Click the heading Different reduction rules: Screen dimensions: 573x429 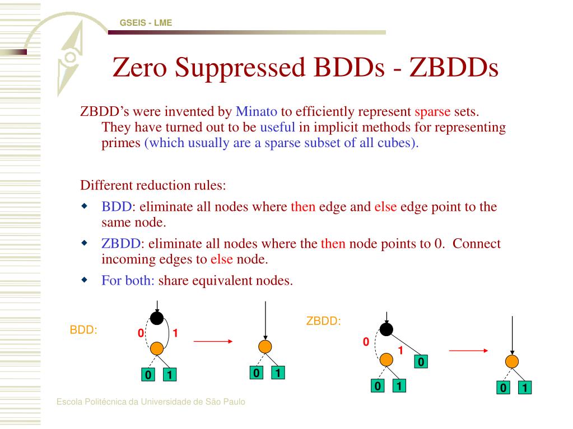[x=153, y=185]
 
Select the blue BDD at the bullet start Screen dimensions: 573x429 [x=117, y=207]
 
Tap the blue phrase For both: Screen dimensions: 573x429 [x=128, y=280]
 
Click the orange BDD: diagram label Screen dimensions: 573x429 [x=83, y=330]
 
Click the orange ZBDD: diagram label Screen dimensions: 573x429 [x=323, y=322]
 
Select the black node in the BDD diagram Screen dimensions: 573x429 [x=157, y=318]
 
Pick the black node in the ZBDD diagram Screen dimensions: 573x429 [x=386, y=329]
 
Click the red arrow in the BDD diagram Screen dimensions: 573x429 [x=212, y=340]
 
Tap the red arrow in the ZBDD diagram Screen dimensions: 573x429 [x=469, y=351]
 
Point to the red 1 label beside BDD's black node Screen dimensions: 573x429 [x=175, y=334]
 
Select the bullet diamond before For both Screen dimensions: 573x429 [x=85, y=279]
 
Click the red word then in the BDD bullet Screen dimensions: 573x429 [x=303, y=207]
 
